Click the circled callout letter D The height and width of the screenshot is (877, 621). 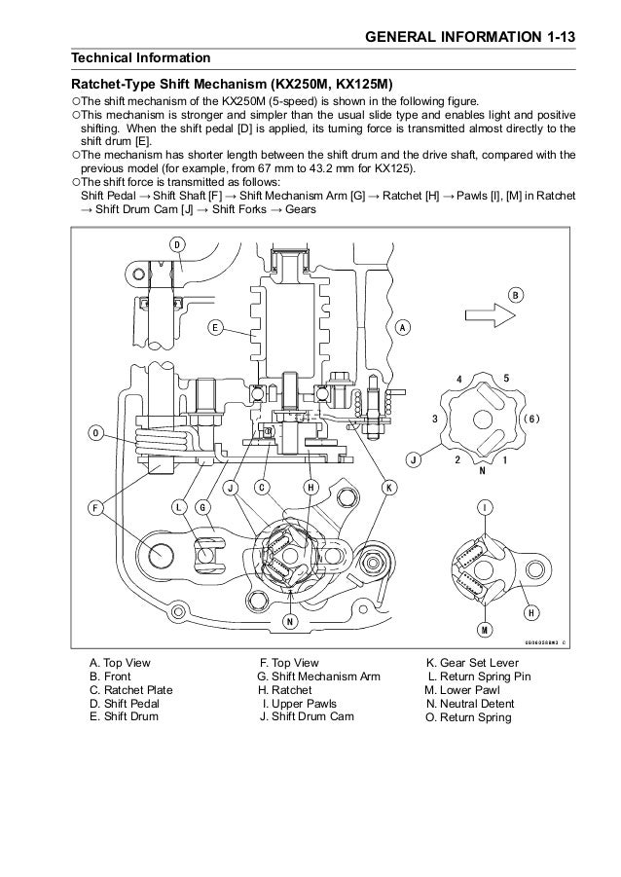(x=178, y=245)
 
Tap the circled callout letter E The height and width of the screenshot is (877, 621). (x=213, y=328)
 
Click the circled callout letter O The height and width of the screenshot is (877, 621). (x=95, y=433)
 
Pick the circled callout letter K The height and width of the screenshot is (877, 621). (x=388, y=486)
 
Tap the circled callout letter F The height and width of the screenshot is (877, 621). (x=95, y=508)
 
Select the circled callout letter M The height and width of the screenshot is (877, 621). (x=484, y=632)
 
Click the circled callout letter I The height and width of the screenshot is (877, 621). (x=485, y=508)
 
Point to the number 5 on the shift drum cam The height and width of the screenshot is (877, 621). (x=507, y=378)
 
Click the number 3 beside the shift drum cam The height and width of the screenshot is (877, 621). (x=435, y=418)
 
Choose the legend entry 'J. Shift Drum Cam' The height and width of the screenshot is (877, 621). (x=306, y=718)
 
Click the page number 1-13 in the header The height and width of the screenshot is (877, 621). (x=555, y=36)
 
